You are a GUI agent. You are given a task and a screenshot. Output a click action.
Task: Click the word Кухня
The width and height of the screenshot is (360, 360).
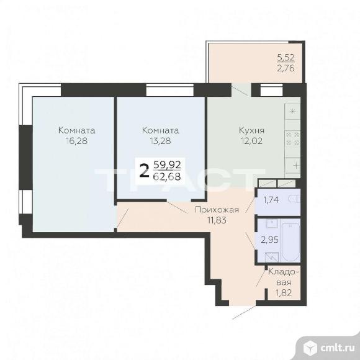point(251,131)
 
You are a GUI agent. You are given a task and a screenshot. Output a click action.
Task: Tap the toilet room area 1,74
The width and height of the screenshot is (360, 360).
point(271,200)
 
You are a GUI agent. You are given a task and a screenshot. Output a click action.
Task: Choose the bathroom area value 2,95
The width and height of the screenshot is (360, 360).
point(268,240)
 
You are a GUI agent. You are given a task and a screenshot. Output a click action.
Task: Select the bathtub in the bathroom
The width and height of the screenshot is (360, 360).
point(290,241)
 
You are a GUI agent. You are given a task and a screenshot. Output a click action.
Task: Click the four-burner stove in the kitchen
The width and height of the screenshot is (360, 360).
point(292,137)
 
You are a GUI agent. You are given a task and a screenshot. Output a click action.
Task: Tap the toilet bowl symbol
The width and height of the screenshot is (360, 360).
point(295,199)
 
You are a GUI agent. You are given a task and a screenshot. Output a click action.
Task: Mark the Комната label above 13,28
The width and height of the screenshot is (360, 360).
point(160,131)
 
